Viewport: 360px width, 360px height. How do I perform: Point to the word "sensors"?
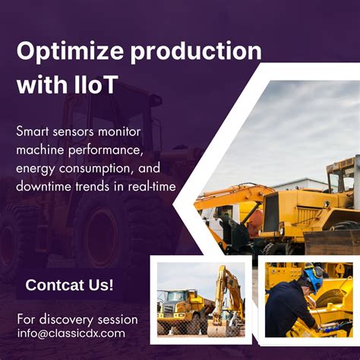83,131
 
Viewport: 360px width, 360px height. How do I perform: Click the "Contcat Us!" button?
69,286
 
